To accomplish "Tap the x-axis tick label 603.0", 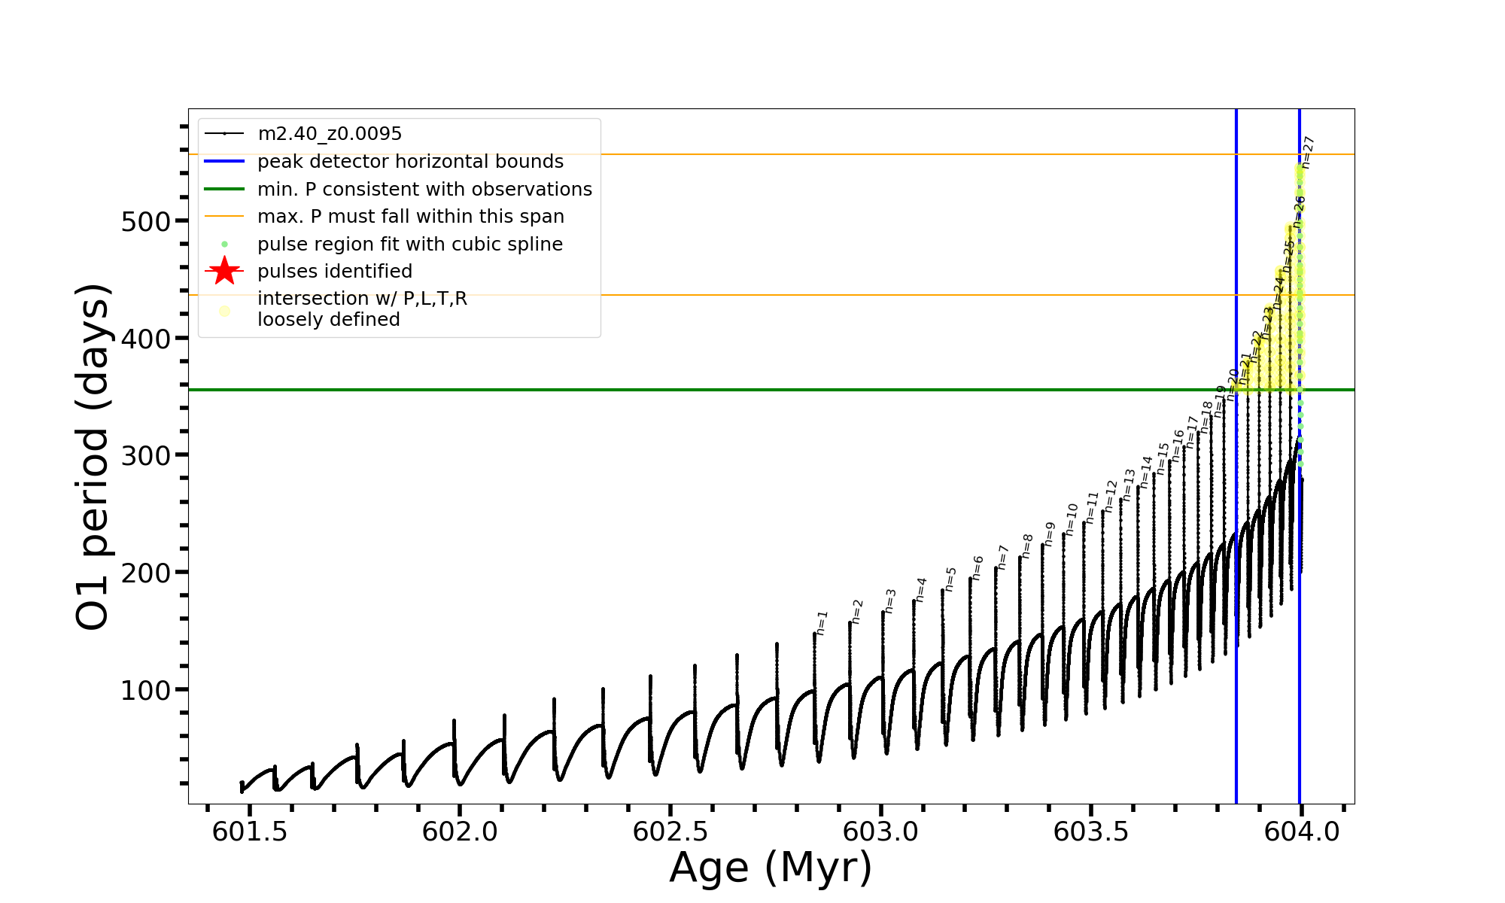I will (880, 832).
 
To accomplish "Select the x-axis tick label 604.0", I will (1301, 832).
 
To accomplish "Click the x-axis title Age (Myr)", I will (771, 868).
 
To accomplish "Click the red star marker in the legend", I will (224, 271).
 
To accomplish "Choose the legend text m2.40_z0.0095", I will (330, 134).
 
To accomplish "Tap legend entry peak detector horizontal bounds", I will (410, 162).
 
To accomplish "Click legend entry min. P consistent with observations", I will (424, 189).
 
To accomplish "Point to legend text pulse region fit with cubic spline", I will (410, 244).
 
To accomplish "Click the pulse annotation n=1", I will (822, 623).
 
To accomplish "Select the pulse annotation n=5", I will (950, 579).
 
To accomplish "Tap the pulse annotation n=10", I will (1071, 519).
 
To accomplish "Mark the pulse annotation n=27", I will (1308, 152).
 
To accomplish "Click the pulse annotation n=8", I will (1026, 546).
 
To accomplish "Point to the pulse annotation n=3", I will (890, 601).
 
